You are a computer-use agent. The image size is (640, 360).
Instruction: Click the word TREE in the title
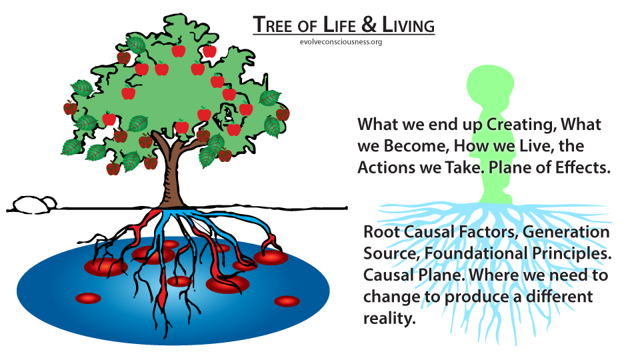coord(273,25)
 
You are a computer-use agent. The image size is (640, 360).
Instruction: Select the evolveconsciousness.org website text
coord(341,41)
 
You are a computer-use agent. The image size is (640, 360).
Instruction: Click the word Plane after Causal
coord(439,275)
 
